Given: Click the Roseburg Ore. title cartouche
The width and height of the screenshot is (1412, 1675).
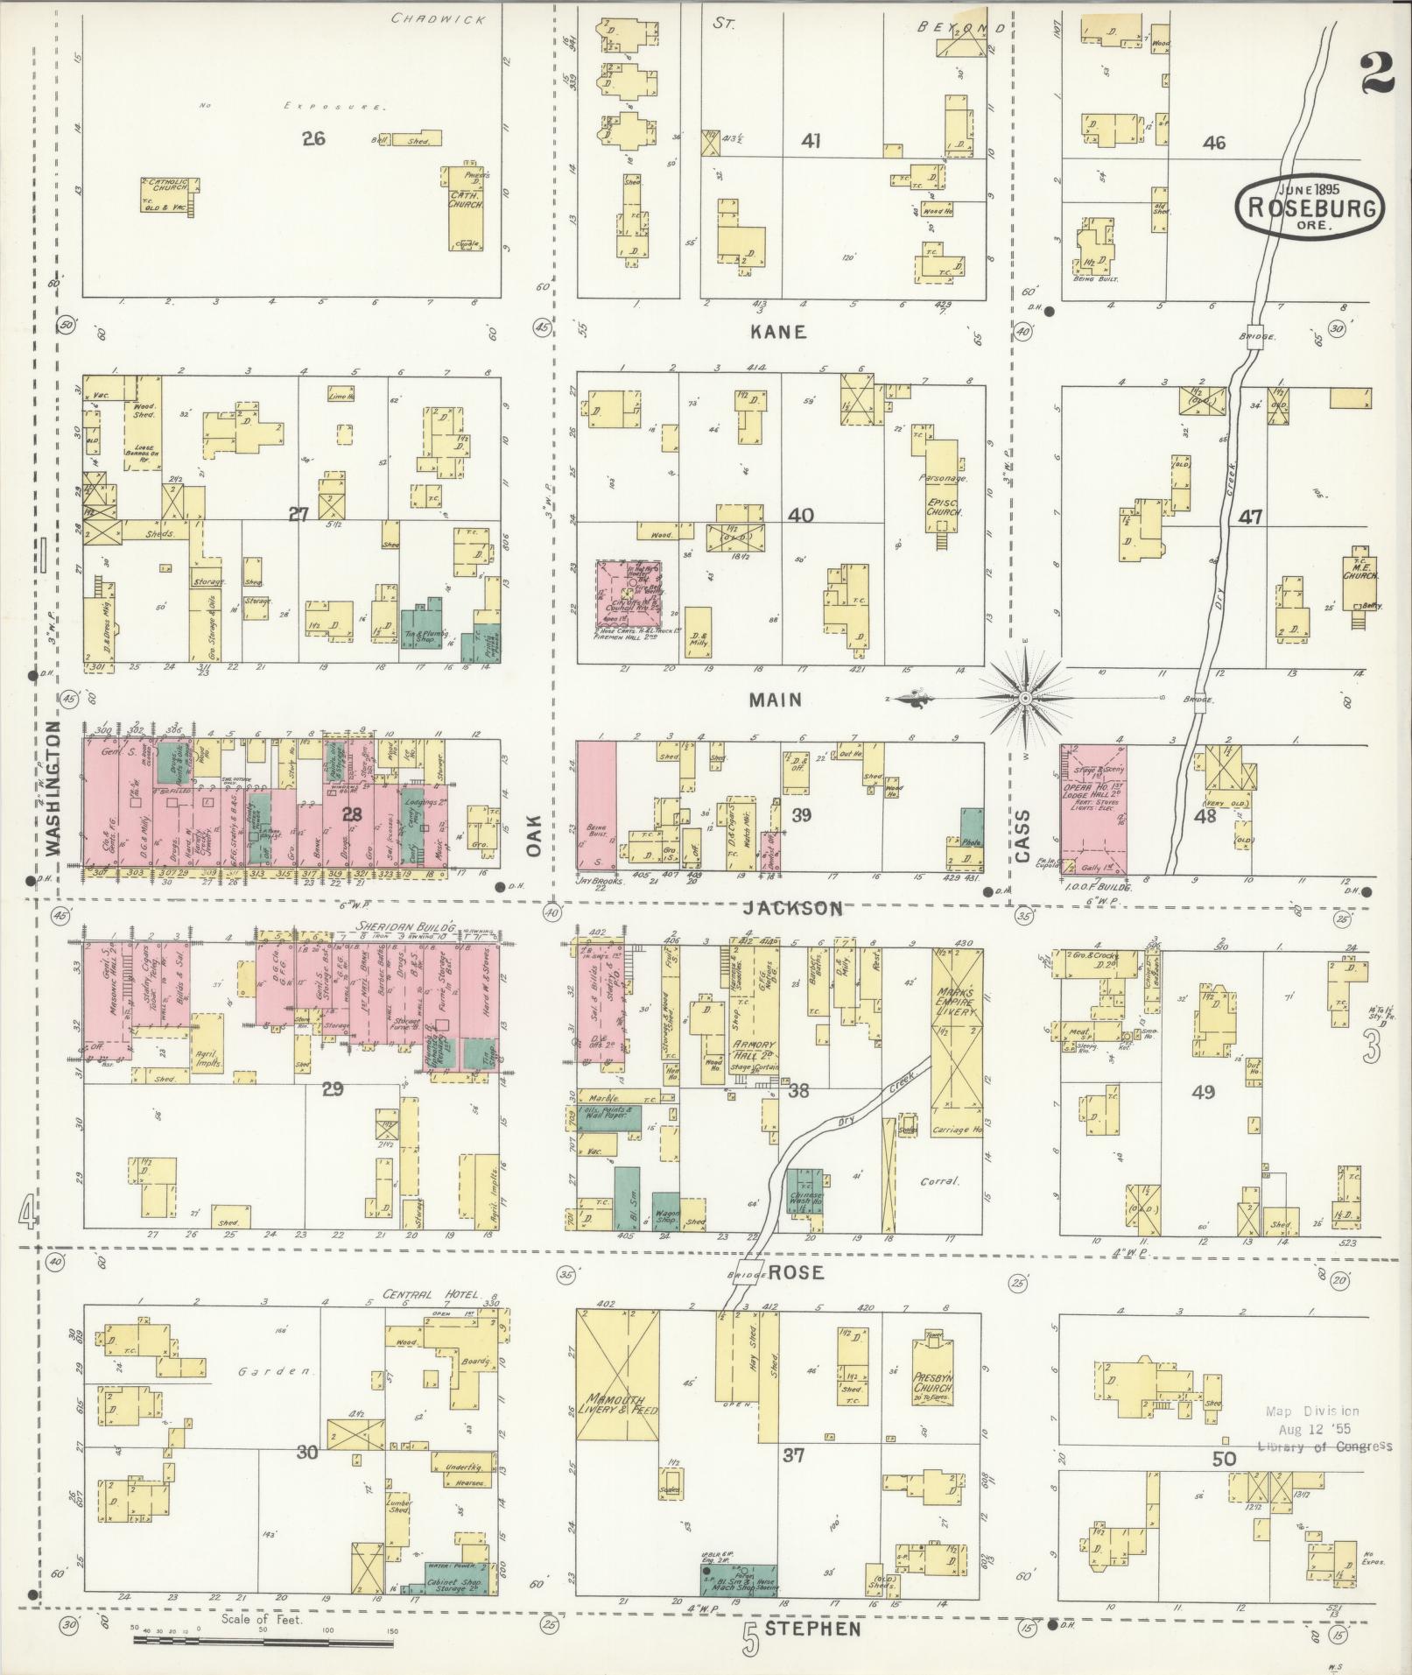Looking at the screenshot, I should (1298, 208).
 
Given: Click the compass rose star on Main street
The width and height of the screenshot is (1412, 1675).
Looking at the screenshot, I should (1024, 697).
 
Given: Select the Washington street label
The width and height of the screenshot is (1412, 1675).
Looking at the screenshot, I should (54, 788).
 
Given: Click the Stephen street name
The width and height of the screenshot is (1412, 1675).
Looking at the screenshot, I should (812, 1628).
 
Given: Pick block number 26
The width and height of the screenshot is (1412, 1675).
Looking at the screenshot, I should (313, 137).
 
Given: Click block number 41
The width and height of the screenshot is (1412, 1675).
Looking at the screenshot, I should (811, 140).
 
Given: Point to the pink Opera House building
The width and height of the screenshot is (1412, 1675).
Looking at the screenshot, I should (1093, 807).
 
